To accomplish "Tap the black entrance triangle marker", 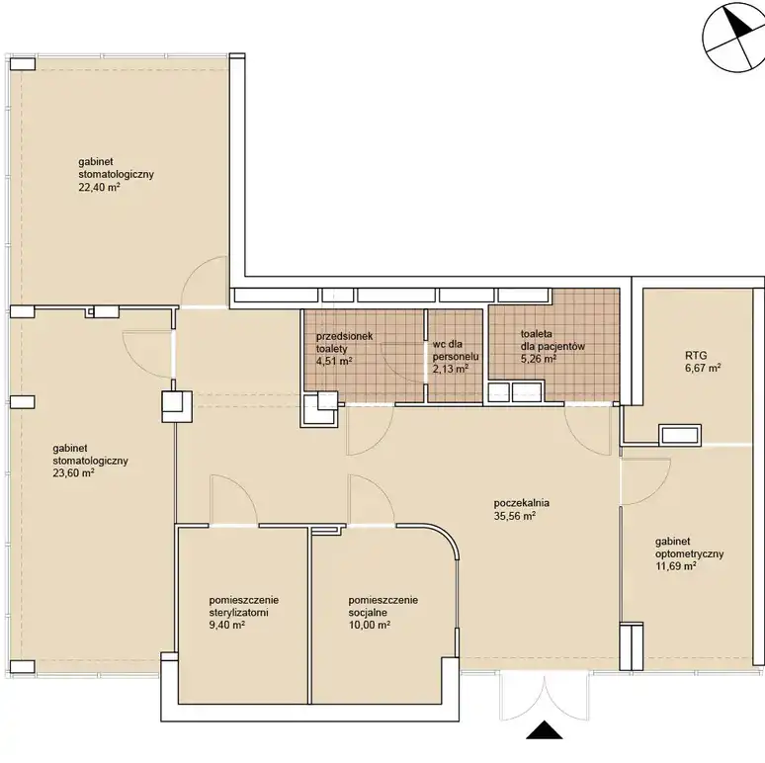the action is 545,729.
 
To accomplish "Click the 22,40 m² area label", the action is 100,187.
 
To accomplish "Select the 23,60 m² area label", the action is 74,473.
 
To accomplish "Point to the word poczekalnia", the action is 522,503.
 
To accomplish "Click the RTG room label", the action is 696,356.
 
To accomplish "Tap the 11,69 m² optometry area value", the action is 676,566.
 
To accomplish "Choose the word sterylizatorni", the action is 238,613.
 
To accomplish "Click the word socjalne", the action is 368,613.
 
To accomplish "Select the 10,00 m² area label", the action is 370,626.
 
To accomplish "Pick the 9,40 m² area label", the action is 227,626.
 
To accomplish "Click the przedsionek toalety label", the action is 344,343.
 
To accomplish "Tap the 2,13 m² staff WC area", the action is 451,369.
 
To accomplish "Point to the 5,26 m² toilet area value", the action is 539,359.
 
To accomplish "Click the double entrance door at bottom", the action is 544,695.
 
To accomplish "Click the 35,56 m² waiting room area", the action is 515,516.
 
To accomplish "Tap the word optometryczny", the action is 689,554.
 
